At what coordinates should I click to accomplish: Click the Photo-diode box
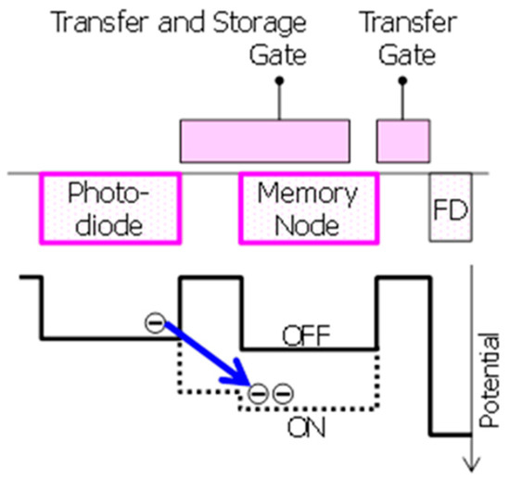[109, 209]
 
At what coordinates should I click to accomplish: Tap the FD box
[450, 211]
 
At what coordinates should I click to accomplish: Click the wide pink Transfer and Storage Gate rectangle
[264, 140]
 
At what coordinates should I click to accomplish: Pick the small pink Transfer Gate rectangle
[402, 140]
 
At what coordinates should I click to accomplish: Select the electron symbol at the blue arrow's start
[155, 322]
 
